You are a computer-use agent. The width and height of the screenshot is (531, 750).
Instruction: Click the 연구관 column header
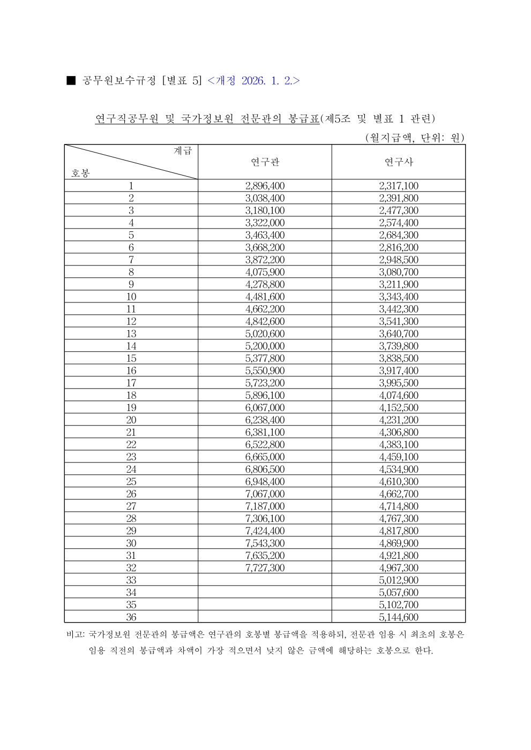265,162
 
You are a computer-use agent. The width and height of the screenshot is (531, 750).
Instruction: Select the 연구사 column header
399,162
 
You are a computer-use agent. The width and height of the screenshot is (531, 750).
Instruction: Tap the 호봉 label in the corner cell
80,173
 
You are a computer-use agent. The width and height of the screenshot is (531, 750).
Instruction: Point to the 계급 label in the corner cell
183,151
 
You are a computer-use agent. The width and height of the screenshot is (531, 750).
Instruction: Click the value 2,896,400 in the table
265,186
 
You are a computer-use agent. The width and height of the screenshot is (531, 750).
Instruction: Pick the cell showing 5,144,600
399,617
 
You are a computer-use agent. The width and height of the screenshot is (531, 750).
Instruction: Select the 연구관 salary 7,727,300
265,568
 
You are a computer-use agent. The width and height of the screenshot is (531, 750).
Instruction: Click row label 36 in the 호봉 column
131,617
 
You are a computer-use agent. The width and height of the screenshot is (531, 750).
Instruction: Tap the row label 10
131,297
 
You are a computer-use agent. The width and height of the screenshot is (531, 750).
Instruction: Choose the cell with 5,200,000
265,346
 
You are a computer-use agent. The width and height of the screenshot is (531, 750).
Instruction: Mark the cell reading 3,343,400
399,297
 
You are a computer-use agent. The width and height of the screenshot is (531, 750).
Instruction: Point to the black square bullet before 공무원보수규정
71,81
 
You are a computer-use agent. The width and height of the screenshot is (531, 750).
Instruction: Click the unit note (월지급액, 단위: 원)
414,138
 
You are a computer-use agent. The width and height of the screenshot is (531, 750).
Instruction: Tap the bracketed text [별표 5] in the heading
182,81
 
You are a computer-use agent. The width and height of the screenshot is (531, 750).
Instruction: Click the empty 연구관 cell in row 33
265,580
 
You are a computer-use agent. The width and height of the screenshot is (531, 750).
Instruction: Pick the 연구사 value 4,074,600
399,395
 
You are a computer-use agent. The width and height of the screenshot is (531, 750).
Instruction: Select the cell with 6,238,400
265,420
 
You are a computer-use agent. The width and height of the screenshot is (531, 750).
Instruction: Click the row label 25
131,482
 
